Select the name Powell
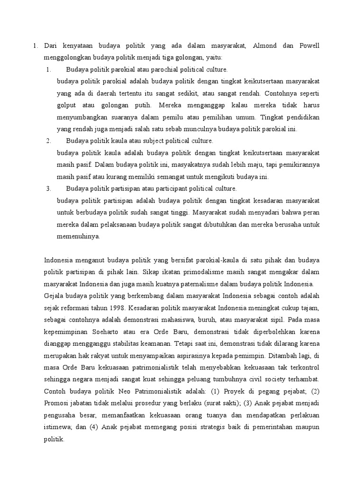[x=308, y=46]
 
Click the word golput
[x=67, y=105]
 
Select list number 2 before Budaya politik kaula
[x=48, y=141]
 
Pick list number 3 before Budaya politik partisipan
[x=48, y=189]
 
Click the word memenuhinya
[x=78, y=236]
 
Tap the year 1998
[x=122, y=307]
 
